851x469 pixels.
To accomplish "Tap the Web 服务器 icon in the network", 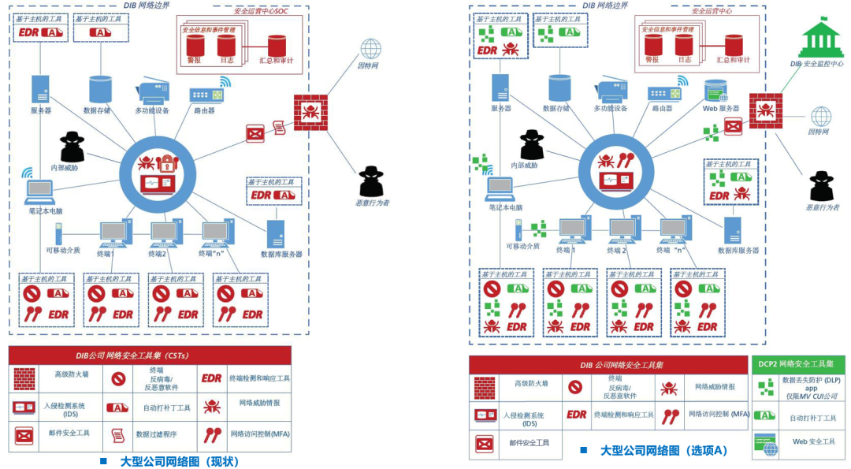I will click(716, 90).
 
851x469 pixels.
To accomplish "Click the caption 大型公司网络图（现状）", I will click(180, 461).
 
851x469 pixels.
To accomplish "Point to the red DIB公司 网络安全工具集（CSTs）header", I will click(150, 355).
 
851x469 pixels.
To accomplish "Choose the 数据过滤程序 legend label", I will click(154, 434).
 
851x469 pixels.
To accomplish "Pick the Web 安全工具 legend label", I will click(812, 441).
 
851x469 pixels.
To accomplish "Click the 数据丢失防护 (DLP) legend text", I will click(810, 380).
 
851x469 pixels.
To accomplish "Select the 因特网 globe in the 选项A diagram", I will click(822, 117).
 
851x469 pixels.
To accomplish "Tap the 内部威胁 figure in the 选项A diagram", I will click(532, 145).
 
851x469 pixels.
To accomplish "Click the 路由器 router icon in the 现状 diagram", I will click(206, 94).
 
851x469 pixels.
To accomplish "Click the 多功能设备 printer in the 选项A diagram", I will click(611, 91).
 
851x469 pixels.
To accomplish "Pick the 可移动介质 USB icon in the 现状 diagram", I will click(58, 233).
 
